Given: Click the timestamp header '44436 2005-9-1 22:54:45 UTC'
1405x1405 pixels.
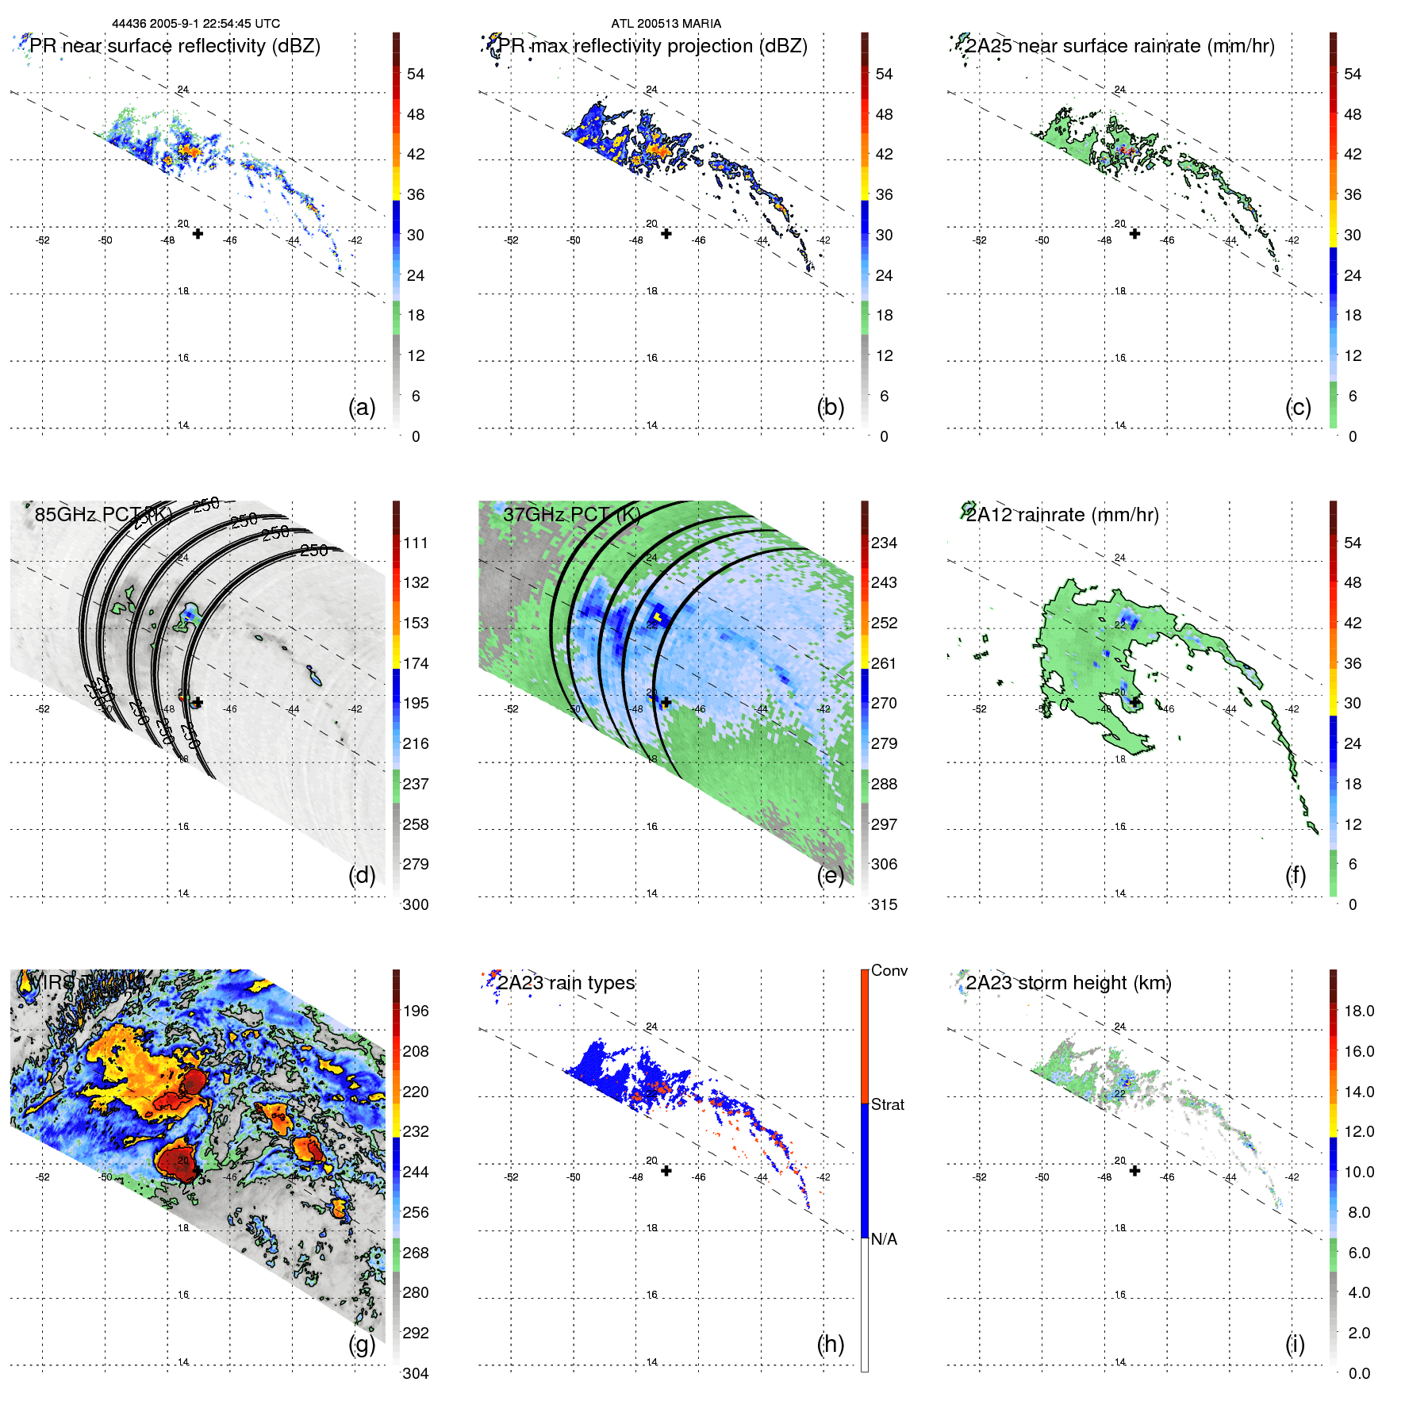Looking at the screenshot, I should [195, 24].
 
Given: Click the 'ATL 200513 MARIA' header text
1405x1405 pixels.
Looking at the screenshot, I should [666, 24].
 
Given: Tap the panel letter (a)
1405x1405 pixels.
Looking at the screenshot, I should [362, 407].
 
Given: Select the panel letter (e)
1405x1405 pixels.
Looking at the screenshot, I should [830, 875].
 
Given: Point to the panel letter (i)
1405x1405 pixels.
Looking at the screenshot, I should [1295, 1344].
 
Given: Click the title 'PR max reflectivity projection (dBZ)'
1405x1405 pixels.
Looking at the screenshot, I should [652, 46].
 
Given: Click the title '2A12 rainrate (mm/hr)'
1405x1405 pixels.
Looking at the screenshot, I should [1061, 515].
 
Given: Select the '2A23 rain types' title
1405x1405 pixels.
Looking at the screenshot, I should [566, 983].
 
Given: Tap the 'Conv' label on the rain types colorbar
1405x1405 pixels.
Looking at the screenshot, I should [889, 970].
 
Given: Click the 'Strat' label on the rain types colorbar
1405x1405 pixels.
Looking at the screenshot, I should [887, 1104].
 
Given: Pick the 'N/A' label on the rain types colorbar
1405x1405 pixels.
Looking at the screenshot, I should [884, 1239].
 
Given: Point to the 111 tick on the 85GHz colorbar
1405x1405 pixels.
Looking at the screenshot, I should [416, 543].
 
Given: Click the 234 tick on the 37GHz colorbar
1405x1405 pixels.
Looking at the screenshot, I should [884, 543].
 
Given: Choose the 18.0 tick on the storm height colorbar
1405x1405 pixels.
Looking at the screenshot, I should [1358, 1011].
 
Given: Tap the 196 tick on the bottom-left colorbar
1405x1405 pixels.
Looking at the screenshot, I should [416, 1011].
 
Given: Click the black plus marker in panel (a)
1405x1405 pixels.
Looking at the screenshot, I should [198, 233].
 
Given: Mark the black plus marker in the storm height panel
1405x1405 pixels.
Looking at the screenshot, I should [1134, 1170].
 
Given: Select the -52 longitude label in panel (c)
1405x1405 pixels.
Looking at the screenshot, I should [980, 240].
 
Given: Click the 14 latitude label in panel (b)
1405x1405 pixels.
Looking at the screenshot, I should [651, 425].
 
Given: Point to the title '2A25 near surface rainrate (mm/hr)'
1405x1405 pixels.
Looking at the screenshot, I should [1119, 46].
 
